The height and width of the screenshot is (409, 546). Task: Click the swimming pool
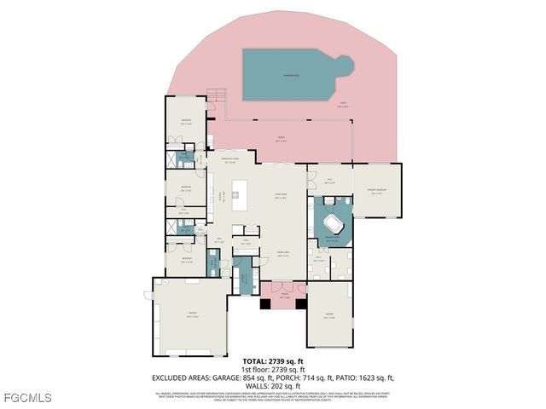tap(290, 74)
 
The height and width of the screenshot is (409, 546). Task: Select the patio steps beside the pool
tap(217, 95)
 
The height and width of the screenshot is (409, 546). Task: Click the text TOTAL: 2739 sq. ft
tap(273, 361)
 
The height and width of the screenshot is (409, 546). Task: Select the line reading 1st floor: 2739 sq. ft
tap(273, 369)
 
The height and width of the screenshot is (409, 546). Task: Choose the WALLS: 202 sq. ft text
tap(273, 384)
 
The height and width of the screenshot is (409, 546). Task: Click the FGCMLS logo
tap(27, 398)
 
